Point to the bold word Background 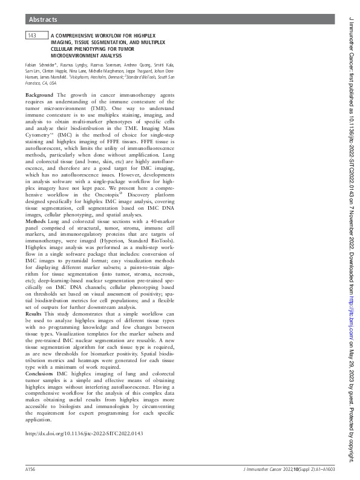(x=39, y=96)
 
